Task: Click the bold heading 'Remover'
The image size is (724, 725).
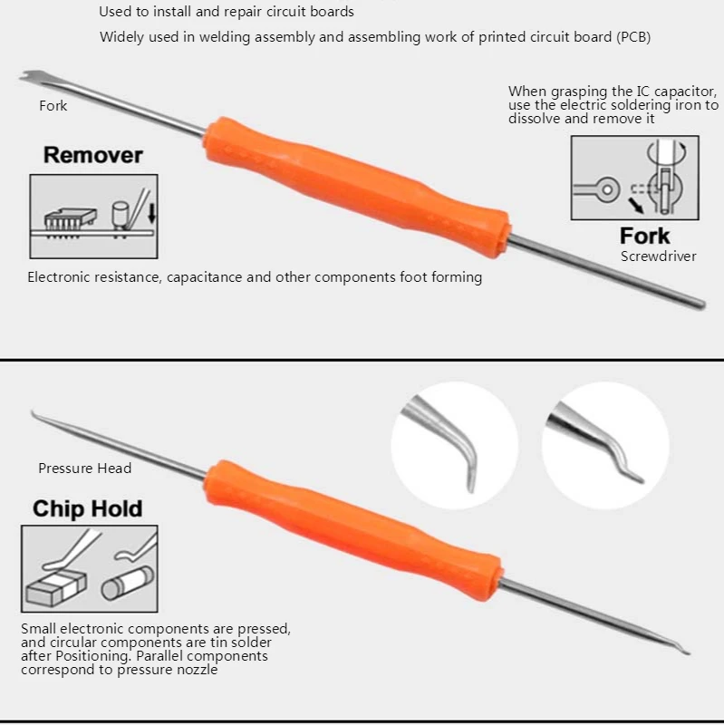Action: point(93,155)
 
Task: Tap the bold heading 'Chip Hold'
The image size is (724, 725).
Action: point(87,508)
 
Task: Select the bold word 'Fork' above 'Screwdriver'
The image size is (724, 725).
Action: point(644,236)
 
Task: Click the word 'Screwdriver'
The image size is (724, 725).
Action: point(659,256)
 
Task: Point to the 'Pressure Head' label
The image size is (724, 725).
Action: point(84,469)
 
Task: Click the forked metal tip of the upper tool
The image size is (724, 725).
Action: point(29,77)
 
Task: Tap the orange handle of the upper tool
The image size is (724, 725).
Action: point(357,187)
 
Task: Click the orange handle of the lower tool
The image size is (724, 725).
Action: point(353,530)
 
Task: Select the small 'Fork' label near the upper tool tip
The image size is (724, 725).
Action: point(53,106)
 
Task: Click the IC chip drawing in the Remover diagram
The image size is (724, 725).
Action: point(71,221)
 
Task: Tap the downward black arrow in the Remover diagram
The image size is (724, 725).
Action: point(151,214)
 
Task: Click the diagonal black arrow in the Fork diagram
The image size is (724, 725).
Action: point(636,206)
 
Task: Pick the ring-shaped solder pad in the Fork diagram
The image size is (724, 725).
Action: point(607,189)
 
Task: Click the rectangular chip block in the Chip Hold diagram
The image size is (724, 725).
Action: point(56,587)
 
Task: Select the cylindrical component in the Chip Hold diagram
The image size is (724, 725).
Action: point(128,583)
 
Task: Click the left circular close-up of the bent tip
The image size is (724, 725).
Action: point(454,446)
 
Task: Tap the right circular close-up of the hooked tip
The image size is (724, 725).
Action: point(605,446)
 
